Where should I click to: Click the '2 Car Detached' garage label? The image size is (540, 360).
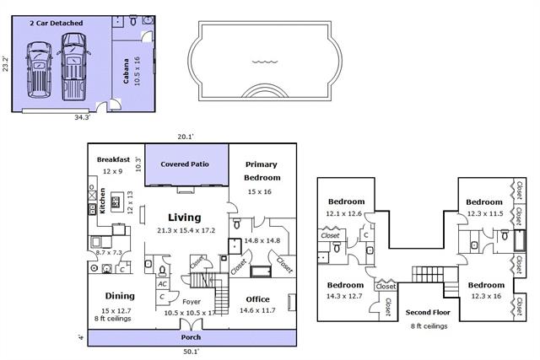pos(57,23)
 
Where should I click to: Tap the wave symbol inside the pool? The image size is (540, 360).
pos(264,62)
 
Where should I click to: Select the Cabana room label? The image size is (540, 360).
pos(126,71)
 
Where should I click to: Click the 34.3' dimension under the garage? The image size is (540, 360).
pos(83,117)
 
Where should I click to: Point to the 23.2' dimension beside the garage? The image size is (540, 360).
pos(6,64)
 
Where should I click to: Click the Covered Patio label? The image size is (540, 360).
pos(185,164)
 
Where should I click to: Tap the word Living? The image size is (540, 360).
pos(184,218)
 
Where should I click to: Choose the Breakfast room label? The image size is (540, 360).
pos(113,159)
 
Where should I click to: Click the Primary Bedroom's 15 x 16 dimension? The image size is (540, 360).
pos(260,191)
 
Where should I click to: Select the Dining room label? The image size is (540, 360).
pos(120,296)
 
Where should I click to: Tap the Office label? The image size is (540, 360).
pos(257,299)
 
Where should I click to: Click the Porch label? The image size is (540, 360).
pos(191,337)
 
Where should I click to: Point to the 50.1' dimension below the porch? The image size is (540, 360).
pos(192,352)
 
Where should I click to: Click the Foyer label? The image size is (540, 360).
pos(192,302)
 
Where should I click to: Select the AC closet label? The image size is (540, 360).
pos(162,284)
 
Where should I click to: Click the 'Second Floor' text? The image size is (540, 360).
pos(428,313)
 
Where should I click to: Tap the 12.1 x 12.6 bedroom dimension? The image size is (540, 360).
pos(343,214)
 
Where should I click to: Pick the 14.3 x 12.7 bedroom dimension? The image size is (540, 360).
pos(344,296)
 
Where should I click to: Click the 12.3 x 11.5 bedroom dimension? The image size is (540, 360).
pos(485,214)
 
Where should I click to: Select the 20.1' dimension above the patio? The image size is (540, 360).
pos(186,137)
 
